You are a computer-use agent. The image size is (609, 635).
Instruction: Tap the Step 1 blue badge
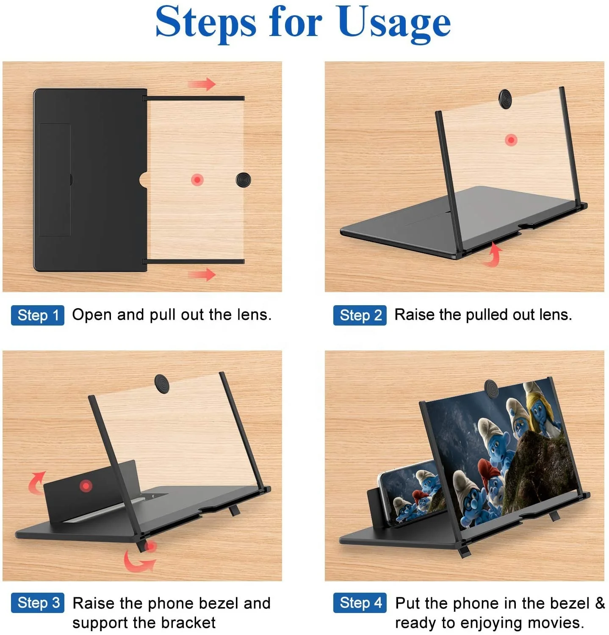click(38, 315)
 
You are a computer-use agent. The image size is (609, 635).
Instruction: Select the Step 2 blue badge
click(360, 315)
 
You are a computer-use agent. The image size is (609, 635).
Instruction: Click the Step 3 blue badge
click(38, 603)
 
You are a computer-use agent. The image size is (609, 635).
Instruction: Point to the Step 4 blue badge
click(360, 603)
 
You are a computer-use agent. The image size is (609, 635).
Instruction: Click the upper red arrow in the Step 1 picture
click(202, 84)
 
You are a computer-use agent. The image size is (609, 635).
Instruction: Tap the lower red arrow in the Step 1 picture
click(202, 275)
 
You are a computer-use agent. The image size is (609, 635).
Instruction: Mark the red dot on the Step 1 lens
click(197, 179)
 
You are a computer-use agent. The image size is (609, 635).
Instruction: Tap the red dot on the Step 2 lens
click(511, 140)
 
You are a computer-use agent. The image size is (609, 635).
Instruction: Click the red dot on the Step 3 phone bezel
click(86, 486)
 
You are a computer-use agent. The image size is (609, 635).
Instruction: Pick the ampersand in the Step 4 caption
click(600, 603)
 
